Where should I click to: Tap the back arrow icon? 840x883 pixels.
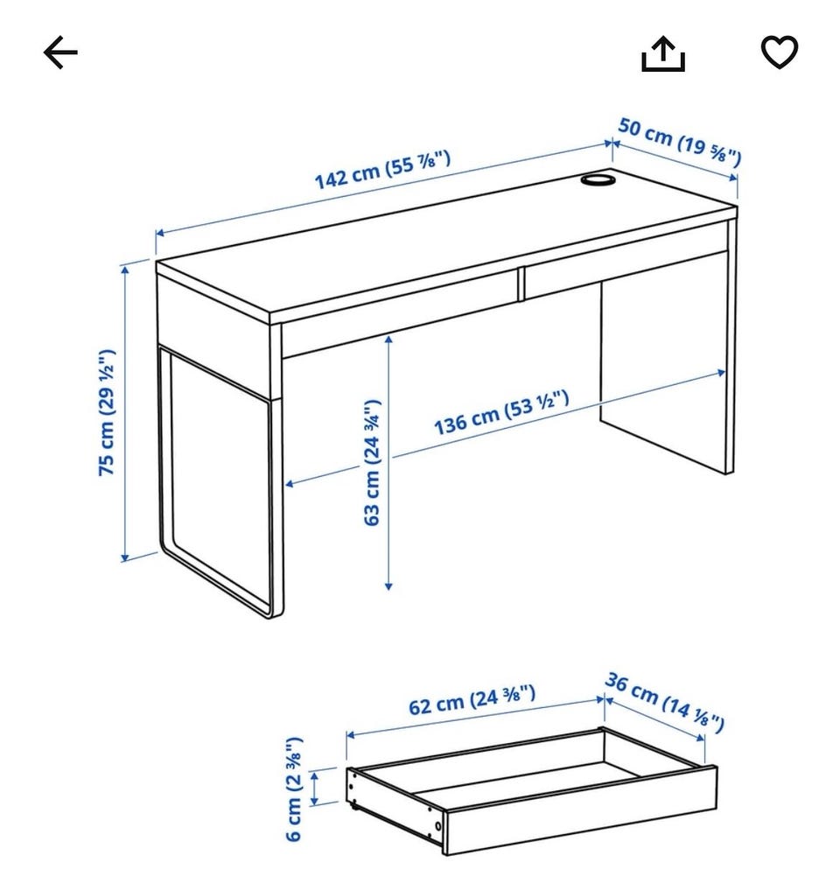click(60, 53)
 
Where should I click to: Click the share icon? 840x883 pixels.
click(663, 54)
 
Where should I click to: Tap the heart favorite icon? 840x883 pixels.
click(780, 52)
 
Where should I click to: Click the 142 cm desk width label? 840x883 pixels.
click(382, 170)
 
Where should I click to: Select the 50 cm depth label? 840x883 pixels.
click(680, 142)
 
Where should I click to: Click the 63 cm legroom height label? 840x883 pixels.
click(372, 463)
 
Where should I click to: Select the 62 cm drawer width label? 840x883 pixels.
click(472, 700)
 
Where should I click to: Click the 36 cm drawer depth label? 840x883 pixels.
click(664, 703)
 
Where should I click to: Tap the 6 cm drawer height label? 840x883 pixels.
click(294, 789)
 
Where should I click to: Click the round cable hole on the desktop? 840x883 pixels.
click(598, 179)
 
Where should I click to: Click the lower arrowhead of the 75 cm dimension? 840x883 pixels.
click(125, 557)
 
